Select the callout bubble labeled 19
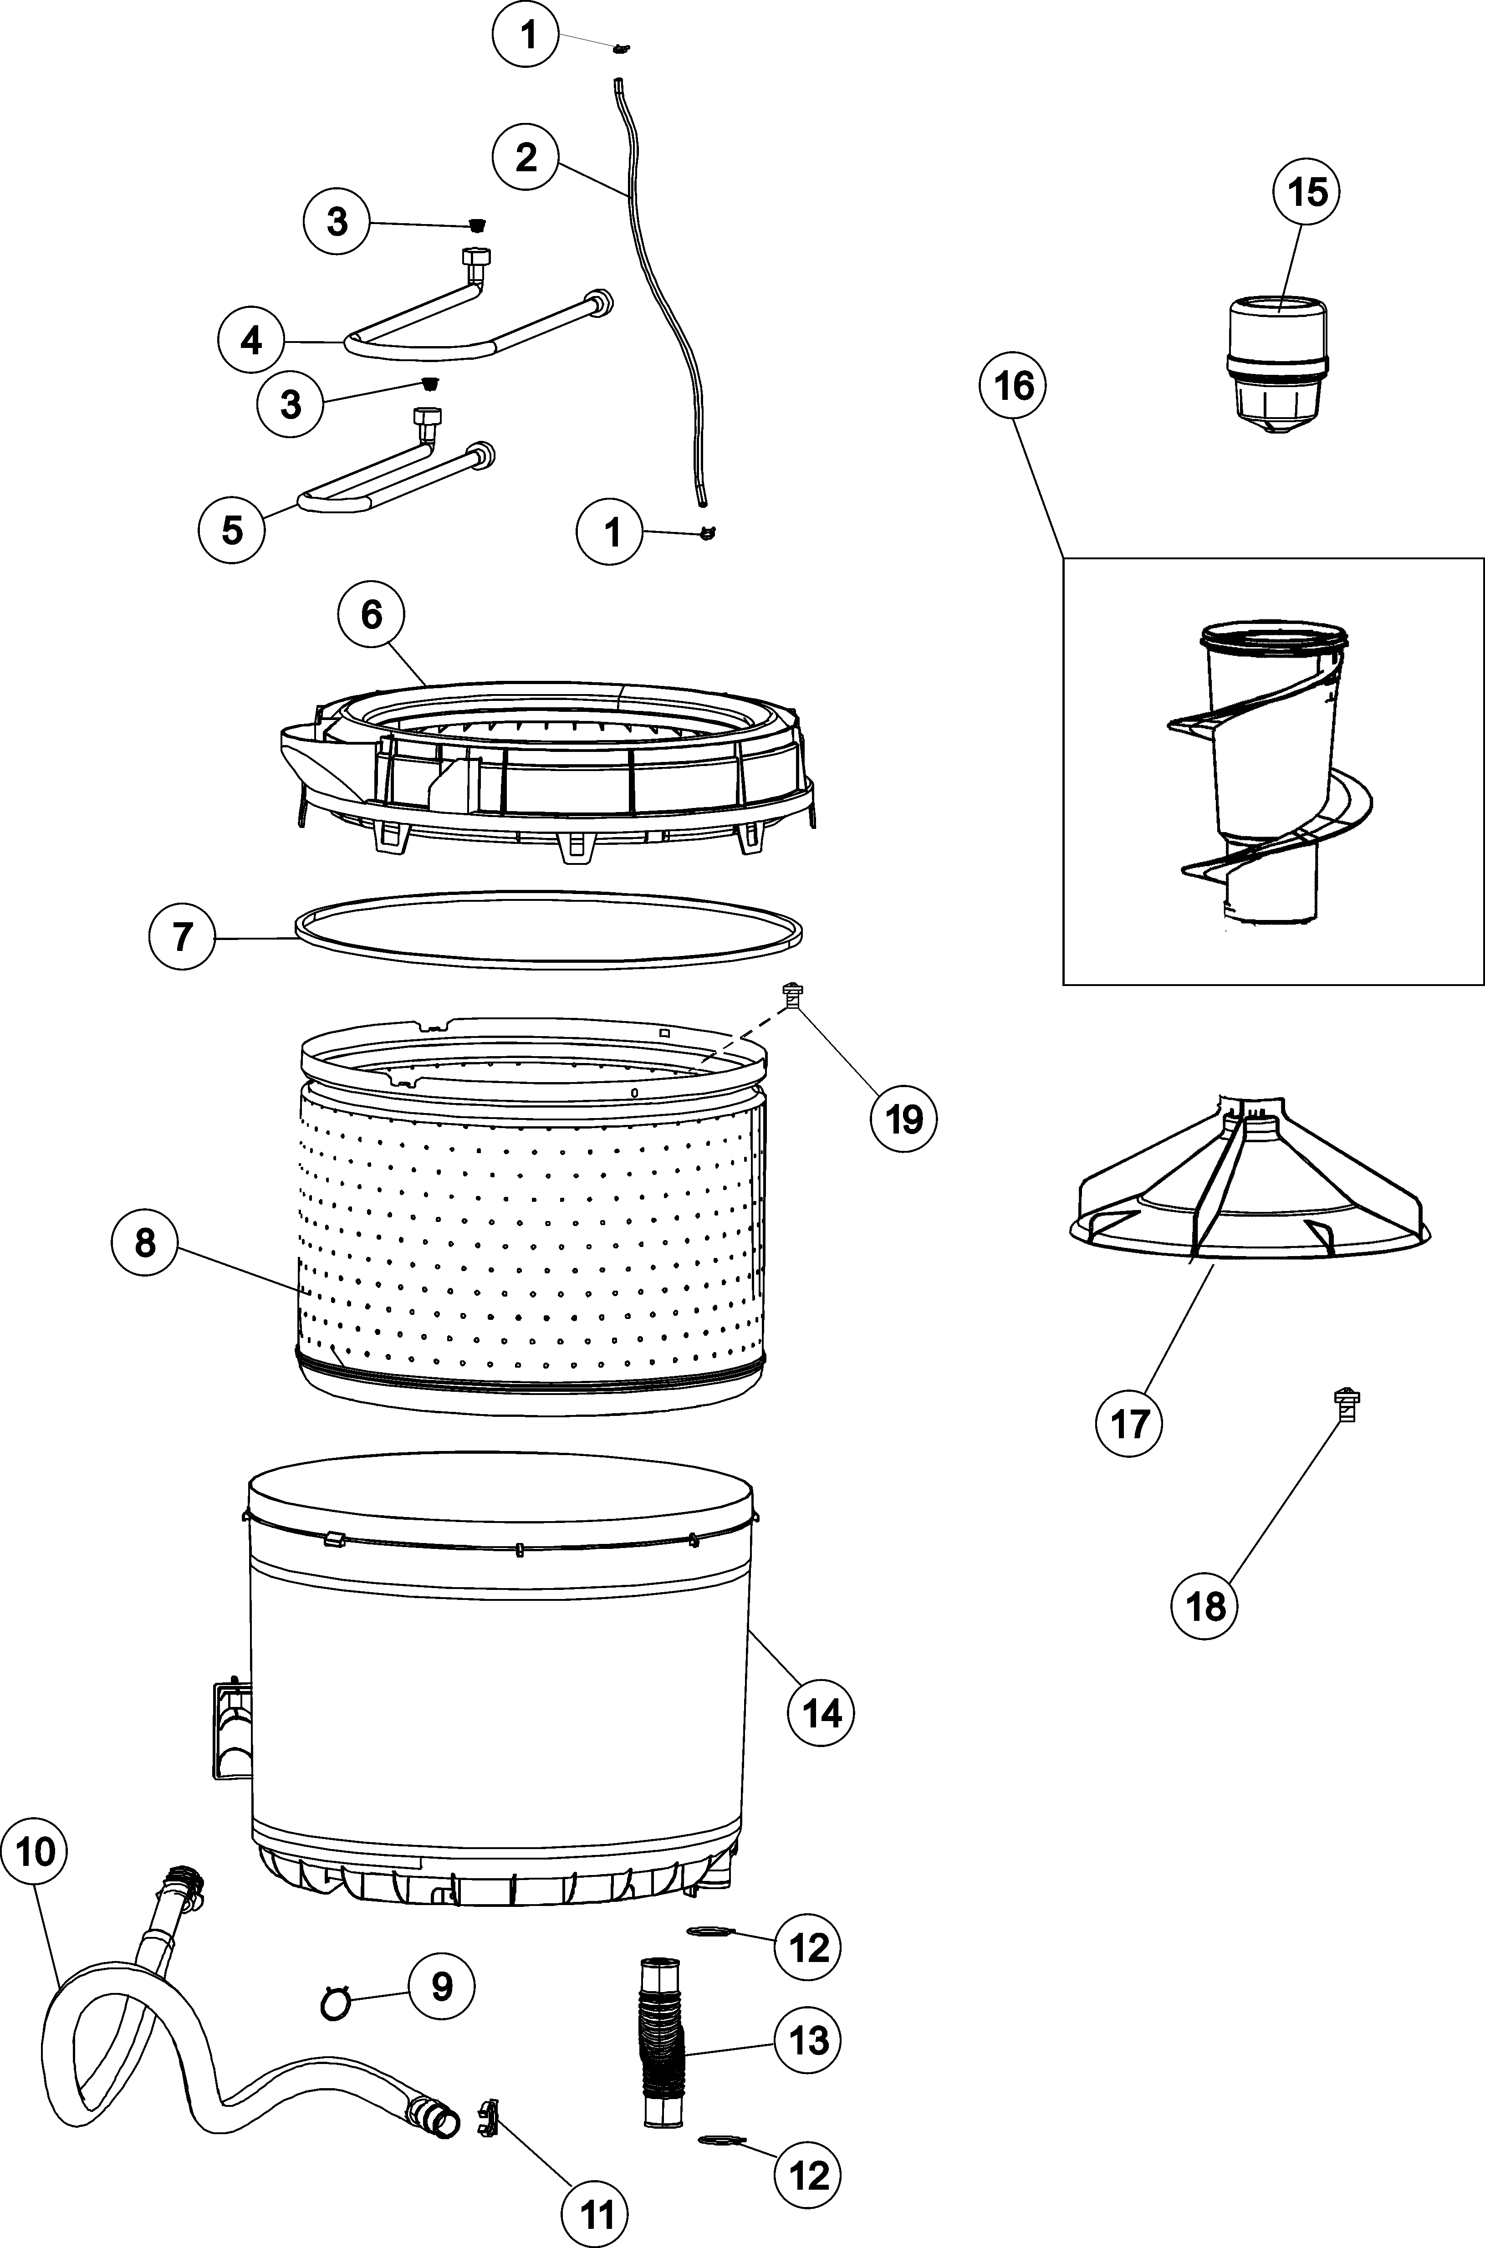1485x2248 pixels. (903, 1119)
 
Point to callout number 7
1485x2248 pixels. (182, 936)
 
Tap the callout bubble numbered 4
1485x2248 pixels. (251, 339)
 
